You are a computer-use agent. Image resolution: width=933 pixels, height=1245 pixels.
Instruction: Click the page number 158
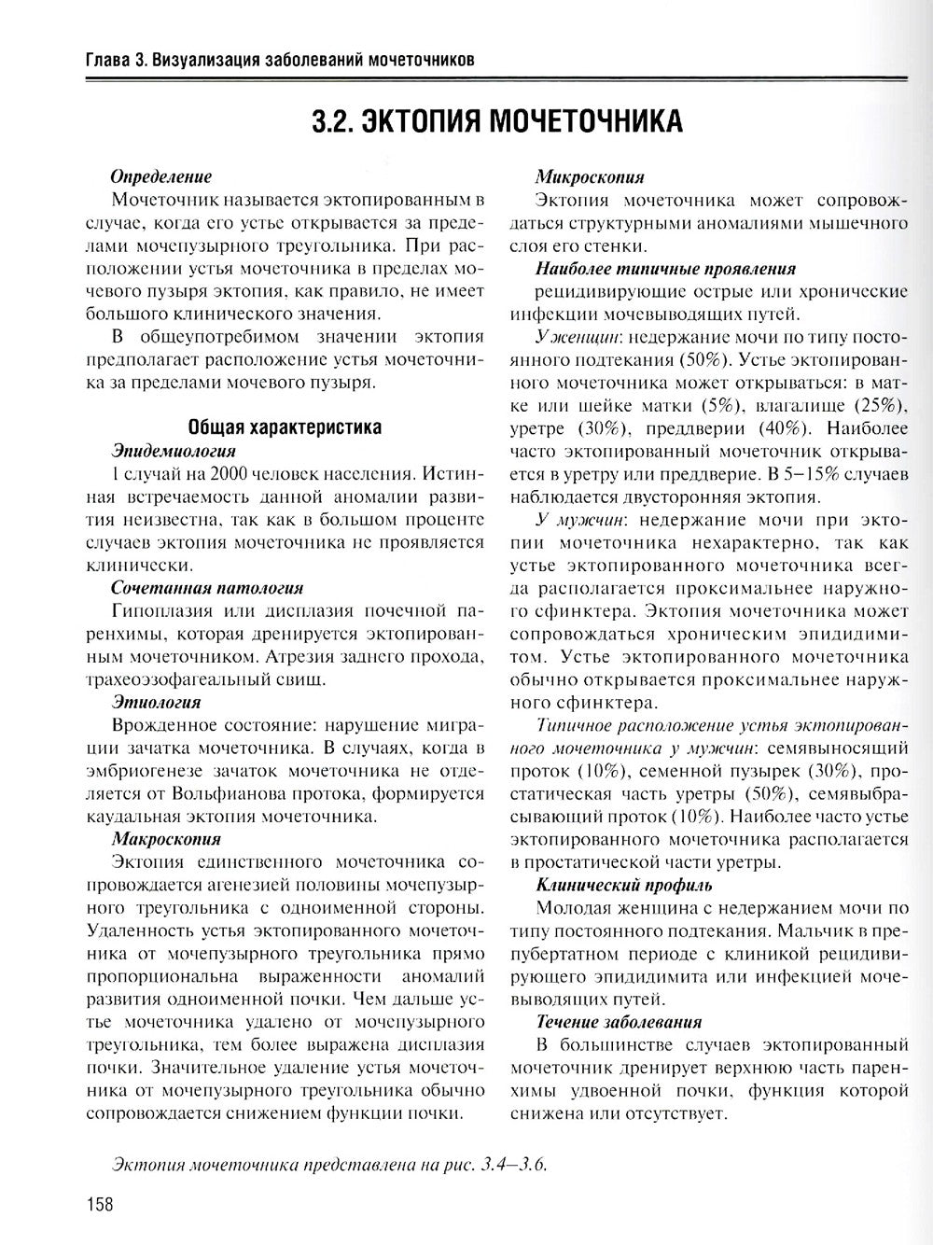pos(97,1204)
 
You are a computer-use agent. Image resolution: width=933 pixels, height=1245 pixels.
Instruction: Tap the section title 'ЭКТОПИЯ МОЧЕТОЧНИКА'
pos(496,122)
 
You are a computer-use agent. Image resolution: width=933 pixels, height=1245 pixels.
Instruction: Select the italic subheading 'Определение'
pos(160,176)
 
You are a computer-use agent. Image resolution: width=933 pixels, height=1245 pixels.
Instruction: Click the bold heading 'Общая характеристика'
pos(285,427)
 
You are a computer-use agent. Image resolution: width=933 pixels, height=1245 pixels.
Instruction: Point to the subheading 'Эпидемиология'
pos(173,450)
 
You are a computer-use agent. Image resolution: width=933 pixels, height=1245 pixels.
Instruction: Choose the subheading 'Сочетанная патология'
pos(206,588)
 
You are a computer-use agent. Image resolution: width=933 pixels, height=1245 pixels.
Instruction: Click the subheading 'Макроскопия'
pos(165,838)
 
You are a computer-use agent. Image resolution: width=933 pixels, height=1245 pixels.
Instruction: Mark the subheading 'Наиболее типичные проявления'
pos(665,269)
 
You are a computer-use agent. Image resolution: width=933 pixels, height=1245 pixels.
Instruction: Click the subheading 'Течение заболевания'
pos(619,1022)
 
